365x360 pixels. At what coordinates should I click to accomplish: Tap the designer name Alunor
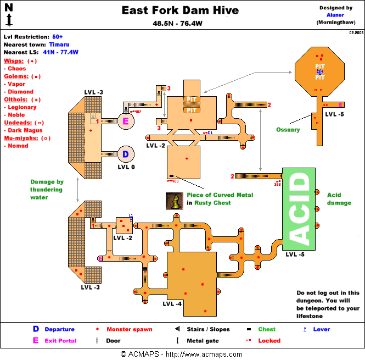[335, 15]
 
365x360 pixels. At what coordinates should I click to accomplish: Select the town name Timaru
[59, 44]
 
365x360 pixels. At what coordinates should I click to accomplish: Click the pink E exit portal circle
[126, 121]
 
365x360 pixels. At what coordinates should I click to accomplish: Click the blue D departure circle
[125, 154]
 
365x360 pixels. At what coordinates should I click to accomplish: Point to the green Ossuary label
[288, 130]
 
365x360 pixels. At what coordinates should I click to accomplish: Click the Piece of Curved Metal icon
[174, 201]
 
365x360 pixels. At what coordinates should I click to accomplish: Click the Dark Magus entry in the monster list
[25, 130]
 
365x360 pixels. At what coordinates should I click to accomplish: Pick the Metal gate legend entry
[202, 341]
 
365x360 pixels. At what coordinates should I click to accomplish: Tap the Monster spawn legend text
[129, 329]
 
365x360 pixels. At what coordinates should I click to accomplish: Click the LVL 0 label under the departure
[126, 167]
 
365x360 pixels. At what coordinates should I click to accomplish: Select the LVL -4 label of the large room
[172, 303]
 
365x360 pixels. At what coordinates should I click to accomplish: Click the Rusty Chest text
[212, 203]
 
